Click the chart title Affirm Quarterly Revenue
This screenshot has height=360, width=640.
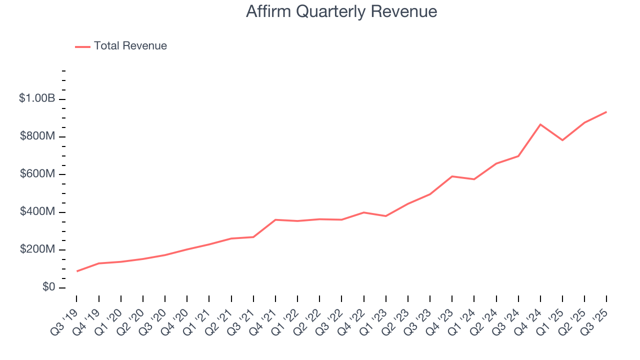coord(341,11)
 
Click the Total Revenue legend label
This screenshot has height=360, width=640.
coord(130,46)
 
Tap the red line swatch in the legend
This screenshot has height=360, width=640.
coord(82,46)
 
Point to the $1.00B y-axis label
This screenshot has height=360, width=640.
coord(37,98)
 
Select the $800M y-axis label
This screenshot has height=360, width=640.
coord(37,136)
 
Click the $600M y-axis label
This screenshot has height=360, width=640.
coord(37,174)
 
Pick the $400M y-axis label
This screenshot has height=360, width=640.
coord(37,212)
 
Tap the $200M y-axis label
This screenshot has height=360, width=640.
coord(37,249)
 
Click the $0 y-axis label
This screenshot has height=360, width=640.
coord(48,287)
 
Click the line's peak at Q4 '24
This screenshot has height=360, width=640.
coord(540,124)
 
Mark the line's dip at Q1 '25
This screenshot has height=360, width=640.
coord(562,140)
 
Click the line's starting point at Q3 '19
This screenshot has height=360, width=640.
coord(77,271)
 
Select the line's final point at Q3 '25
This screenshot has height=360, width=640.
coord(606,112)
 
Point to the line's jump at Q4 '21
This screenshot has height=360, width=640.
coord(275,219)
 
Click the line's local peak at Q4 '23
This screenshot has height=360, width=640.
coord(452,176)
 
